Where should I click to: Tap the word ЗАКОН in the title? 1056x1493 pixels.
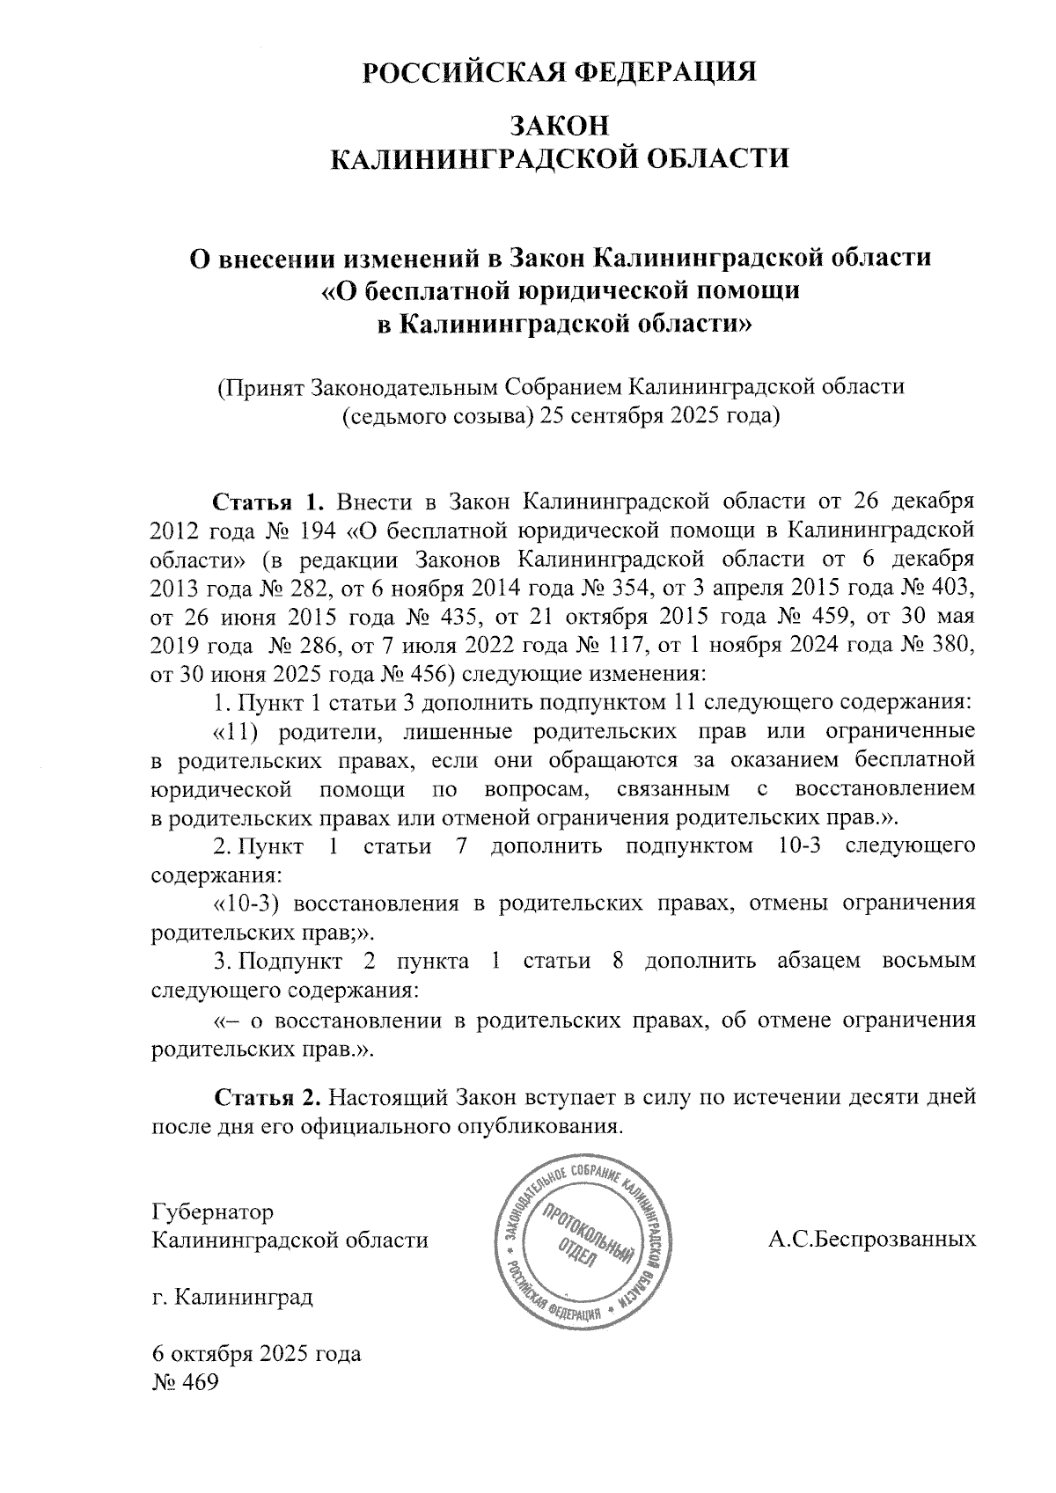coord(561,125)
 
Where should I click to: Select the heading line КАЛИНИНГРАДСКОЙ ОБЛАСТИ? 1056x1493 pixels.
coord(561,158)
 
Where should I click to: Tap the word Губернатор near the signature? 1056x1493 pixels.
coord(212,1211)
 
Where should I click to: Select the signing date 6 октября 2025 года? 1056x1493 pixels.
coord(256,1353)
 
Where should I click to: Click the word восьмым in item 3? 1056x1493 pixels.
coord(928,960)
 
